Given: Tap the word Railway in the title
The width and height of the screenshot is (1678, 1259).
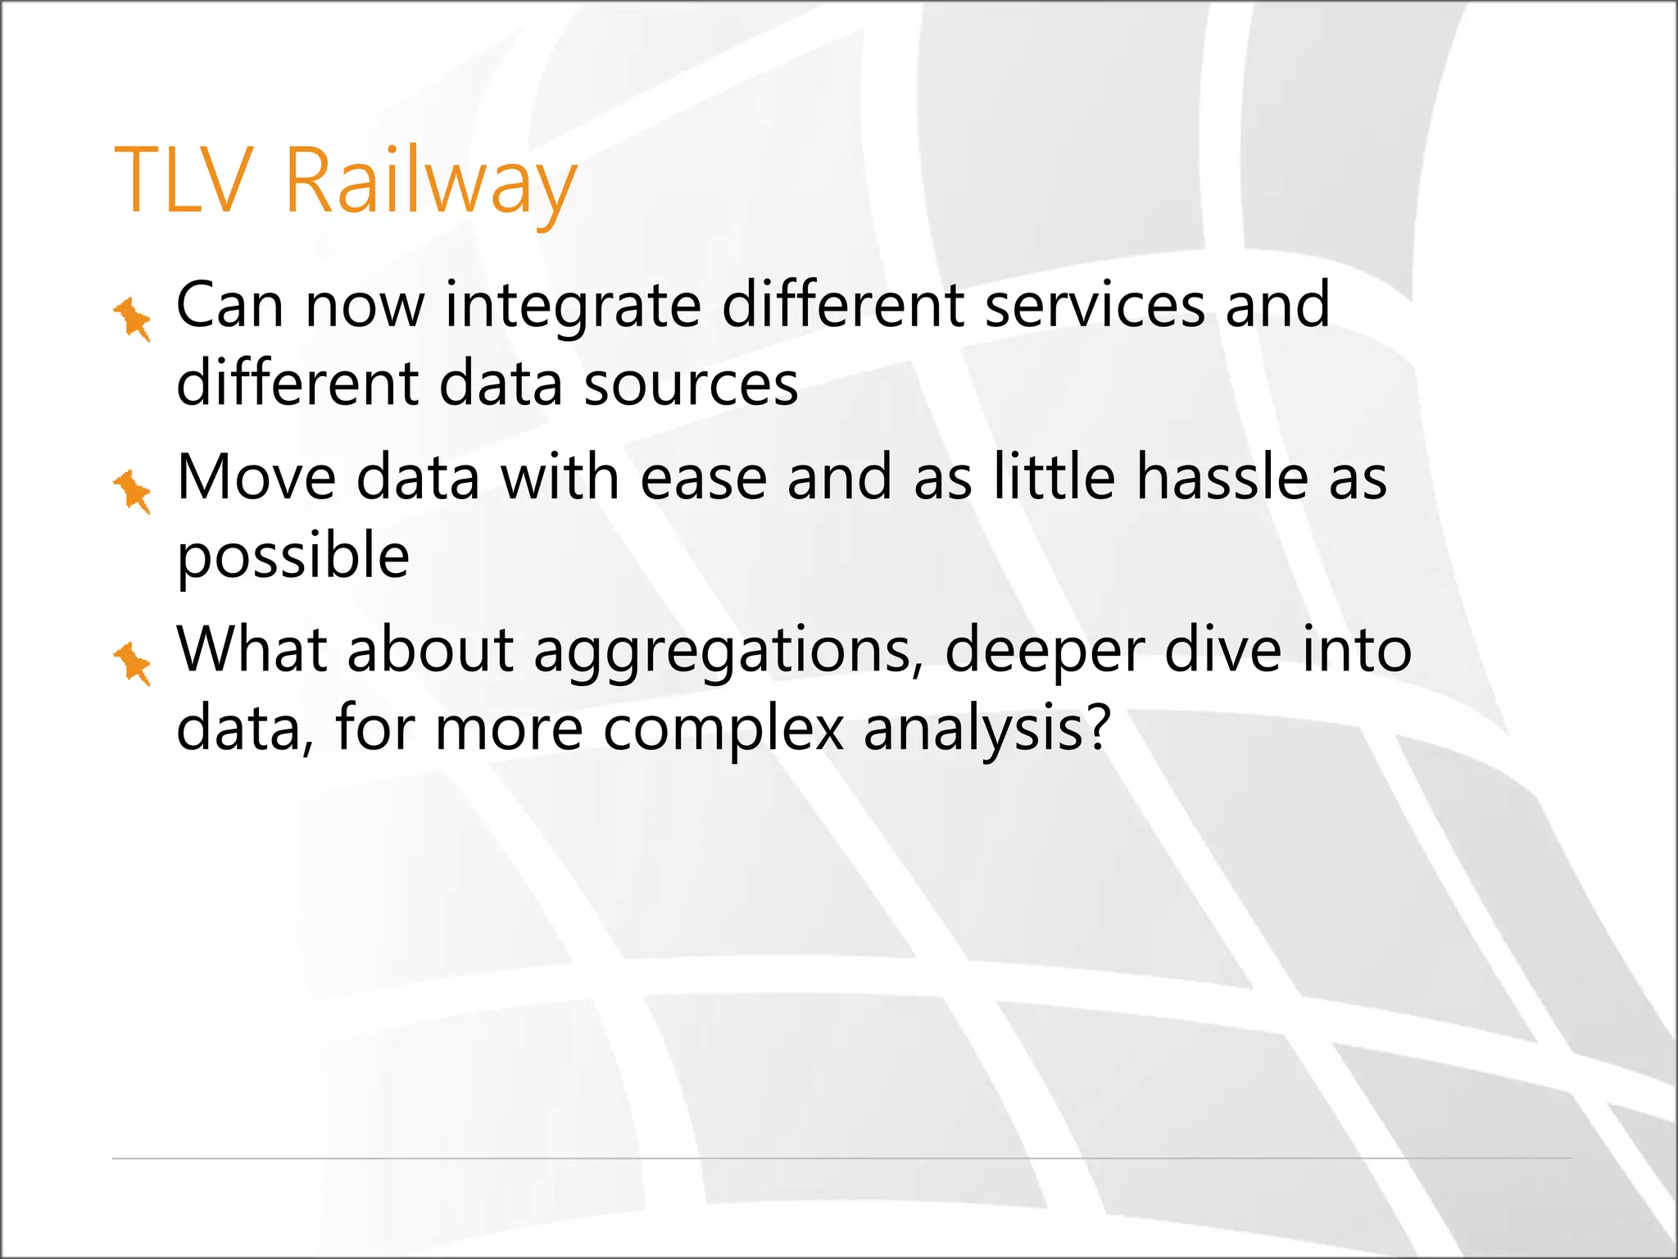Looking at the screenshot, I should pos(430,182).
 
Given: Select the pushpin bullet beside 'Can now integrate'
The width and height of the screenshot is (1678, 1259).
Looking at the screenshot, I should pos(133,319).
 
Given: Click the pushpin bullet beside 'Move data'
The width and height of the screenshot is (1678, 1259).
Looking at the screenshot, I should pos(133,491).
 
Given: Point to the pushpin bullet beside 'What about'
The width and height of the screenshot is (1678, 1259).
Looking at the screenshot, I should pos(133,663).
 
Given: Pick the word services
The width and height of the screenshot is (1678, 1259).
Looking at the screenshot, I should pos(1095,305).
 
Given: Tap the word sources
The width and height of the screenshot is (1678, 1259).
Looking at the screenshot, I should pos(690,384).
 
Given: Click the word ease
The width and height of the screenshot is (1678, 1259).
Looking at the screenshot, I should pos(703,479).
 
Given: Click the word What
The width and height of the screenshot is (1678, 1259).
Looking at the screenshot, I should pos(252,649).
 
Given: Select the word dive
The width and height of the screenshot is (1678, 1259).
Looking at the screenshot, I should pos(1223,649).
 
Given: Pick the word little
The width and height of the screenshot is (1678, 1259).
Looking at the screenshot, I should pos(1054,477).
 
